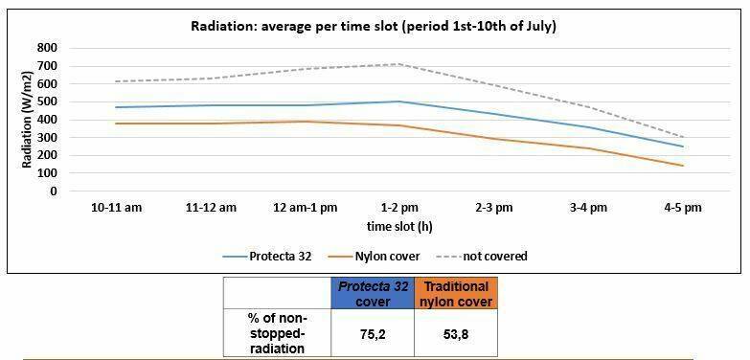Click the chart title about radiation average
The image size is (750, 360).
pyautogui.click(x=374, y=26)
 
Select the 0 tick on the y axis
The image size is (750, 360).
pyautogui.click(x=54, y=191)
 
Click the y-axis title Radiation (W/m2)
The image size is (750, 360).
pyautogui.click(x=27, y=120)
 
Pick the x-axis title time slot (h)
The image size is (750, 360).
pyautogui.click(x=399, y=227)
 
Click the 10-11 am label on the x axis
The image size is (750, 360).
pyautogui.click(x=116, y=208)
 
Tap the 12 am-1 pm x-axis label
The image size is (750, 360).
pyautogui.click(x=306, y=208)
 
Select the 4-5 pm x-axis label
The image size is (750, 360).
pyautogui.click(x=682, y=208)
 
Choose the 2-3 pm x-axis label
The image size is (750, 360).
pyautogui.click(x=493, y=208)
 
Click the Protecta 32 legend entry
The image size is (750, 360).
pyautogui.click(x=267, y=257)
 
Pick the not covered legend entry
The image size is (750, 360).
pyautogui.click(x=482, y=257)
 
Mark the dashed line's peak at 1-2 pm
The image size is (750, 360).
pyautogui.click(x=399, y=63)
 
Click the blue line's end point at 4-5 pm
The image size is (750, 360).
pyautogui.click(x=683, y=146)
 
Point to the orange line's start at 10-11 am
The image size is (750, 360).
pyautogui.click(x=116, y=124)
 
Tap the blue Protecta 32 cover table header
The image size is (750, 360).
pyautogui.click(x=373, y=293)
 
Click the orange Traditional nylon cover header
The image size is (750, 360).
pyautogui.click(x=456, y=293)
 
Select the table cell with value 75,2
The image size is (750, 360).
pyautogui.click(x=373, y=333)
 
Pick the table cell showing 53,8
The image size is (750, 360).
pyautogui.click(x=456, y=333)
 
